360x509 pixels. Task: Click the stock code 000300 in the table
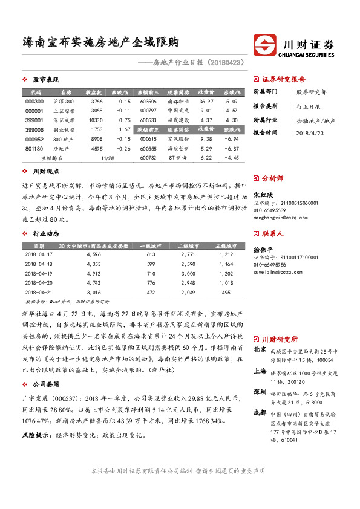coord(35,102)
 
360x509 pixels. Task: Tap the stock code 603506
coord(148,102)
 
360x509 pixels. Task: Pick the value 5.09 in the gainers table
coord(231,102)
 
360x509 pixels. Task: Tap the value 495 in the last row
coord(226,292)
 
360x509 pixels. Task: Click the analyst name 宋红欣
coord(261,195)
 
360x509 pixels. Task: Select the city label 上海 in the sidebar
coord(260,372)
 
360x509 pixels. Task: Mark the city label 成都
coord(260,412)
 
